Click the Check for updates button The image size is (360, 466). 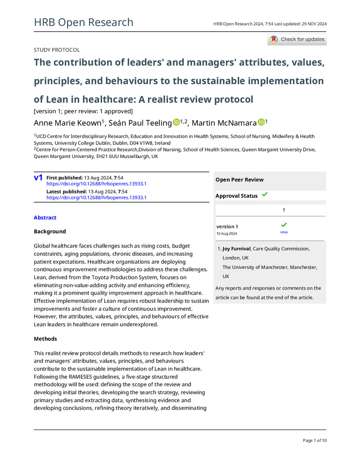click(297, 40)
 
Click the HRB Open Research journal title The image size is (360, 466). click(84, 22)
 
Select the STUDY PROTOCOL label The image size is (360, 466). click(57, 50)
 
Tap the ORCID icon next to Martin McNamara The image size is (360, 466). click(261, 123)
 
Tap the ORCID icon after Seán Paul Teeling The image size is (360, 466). click(176, 123)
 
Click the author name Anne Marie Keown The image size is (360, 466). click(67, 123)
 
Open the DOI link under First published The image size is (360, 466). click(96, 184)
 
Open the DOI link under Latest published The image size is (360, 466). click(96, 198)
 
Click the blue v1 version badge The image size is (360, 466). click(38, 178)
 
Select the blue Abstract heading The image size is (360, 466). click(45, 218)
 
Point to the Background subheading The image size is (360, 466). click(50, 232)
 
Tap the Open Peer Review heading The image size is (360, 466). click(239, 180)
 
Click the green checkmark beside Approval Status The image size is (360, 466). click(265, 195)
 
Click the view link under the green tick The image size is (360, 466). click(284, 232)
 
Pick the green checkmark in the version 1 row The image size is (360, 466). click(284, 225)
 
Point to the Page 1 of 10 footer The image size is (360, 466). click(315, 440)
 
